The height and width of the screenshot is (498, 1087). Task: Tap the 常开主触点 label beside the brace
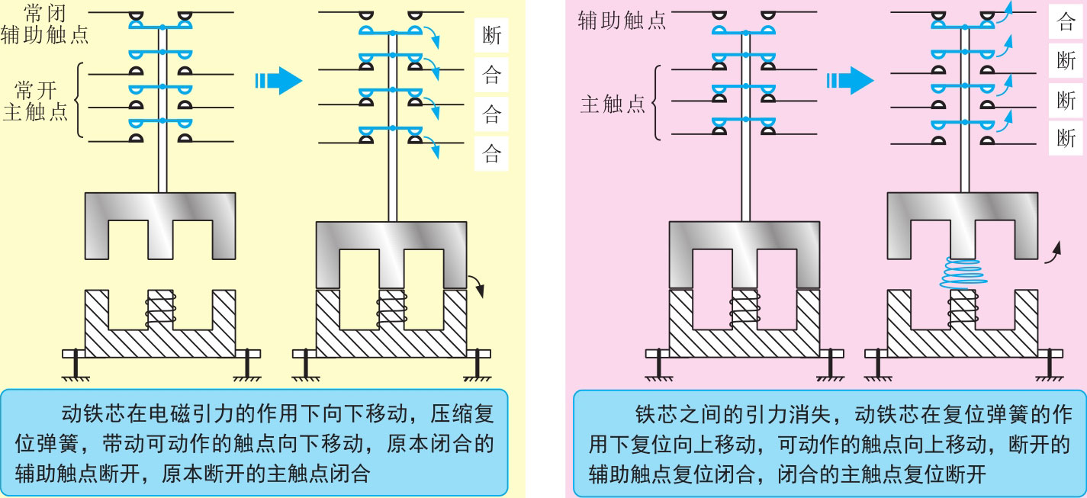tap(36, 102)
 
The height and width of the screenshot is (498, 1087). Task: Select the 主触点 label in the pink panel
tap(612, 104)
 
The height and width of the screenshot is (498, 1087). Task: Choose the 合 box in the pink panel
tap(1066, 21)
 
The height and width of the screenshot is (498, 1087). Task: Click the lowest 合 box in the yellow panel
tap(492, 155)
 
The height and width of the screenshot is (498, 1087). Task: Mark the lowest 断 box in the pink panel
tap(1066, 138)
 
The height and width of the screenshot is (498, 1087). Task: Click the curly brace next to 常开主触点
tap(79, 102)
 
